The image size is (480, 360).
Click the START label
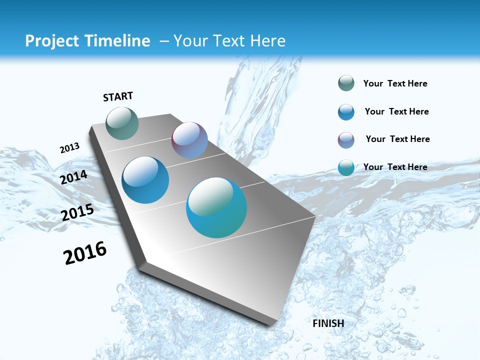(118, 96)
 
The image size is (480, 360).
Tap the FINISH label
(328, 323)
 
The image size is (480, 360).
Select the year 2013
(69, 148)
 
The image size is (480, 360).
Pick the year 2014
(74, 177)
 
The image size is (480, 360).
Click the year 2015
(77, 212)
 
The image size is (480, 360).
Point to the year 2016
(85, 253)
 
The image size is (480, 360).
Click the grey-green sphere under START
(122, 123)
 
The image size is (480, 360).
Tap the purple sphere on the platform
(189, 140)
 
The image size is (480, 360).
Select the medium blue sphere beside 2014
(145, 180)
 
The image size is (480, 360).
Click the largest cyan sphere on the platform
(216, 207)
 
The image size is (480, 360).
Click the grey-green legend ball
(346, 83)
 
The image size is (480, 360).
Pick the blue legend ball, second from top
(346, 112)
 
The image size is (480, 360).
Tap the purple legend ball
(346, 140)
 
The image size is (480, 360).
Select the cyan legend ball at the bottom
(346, 167)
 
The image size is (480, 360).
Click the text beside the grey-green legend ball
(395, 83)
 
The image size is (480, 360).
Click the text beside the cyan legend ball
(395, 167)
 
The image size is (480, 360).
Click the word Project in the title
(49, 41)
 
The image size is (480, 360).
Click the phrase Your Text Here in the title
(229, 41)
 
